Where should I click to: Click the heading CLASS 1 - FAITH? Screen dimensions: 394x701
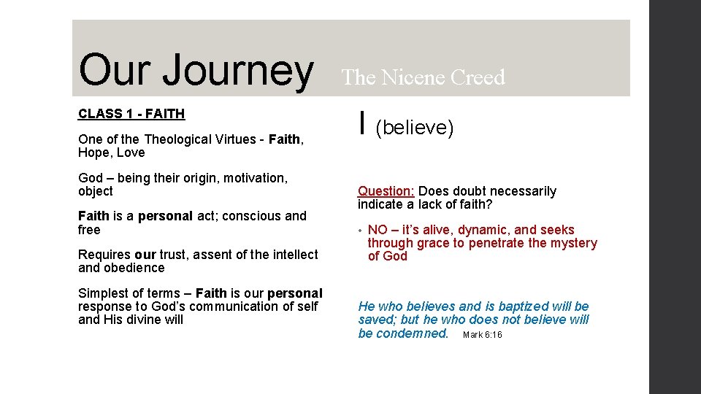click(x=131, y=114)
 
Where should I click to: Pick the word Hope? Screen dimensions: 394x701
click(x=93, y=152)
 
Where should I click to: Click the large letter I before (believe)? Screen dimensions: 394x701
click(x=363, y=125)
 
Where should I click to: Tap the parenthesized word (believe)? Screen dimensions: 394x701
click(x=415, y=128)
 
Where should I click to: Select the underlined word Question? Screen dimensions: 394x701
click(x=386, y=191)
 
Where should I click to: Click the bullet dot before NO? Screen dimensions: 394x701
click(x=360, y=231)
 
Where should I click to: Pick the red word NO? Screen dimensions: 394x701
click(x=378, y=230)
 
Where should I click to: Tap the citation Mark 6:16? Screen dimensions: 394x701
click(x=482, y=335)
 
